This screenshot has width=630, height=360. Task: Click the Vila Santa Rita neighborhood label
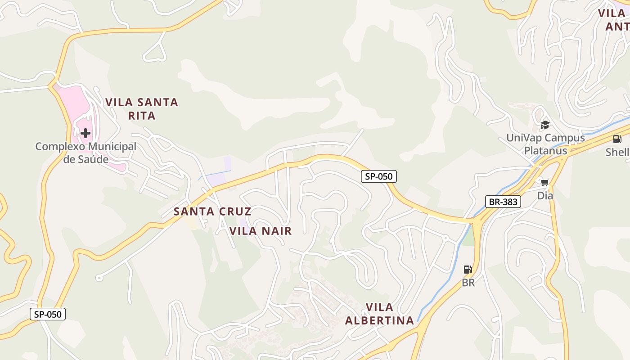pyautogui.click(x=142, y=108)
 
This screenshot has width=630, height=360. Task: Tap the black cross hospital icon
pyautogui.click(x=85, y=133)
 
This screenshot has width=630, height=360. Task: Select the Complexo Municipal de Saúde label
pyautogui.click(x=85, y=153)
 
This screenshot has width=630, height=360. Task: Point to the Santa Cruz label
pyautogui.click(x=212, y=211)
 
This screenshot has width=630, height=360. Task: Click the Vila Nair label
pyautogui.click(x=261, y=231)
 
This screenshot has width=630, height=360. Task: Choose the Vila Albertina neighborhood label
pyautogui.click(x=379, y=314)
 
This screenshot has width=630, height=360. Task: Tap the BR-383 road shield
pyautogui.click(x=503, y=202)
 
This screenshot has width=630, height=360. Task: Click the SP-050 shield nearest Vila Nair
pyautogui.click(x=378, y=176)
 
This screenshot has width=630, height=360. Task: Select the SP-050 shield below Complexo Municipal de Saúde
pyautogui.click(x=48, y=314)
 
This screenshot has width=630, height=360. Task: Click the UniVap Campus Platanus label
pyautogui.click(x=545, y=144)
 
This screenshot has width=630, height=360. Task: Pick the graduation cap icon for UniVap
pyautogui.click(x=545, y=125)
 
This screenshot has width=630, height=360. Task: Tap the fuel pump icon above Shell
pyautogui.click(x=617, y=139)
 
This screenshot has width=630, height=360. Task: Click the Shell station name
pyautogui.click(x=617, y=152)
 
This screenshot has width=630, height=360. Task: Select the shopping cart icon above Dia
pyautogui.click(x=545, y=182)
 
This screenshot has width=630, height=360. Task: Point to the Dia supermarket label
pyautogui.click(x=545, y=196)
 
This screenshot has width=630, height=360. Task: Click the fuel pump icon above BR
pyautogui.click(x=468, y=270)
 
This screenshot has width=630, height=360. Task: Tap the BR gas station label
pyautogui.click(x=468, y=283)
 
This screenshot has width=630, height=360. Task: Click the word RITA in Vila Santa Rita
pyautogui.click(x=142, y=116)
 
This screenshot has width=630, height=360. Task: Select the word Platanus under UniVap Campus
pyautogui.click(x=545, y=150)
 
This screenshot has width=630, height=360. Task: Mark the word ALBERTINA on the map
pyautogui.click(x=379, y=320)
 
